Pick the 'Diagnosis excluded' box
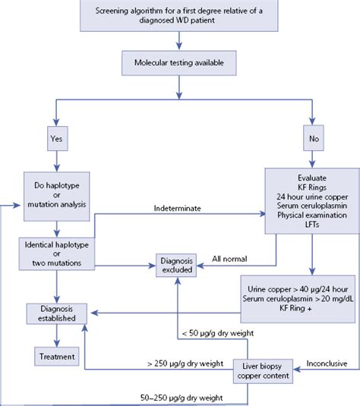coord(177,263)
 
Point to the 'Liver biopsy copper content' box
coord(265,370)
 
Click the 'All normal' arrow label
coord(228,257)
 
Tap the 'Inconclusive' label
coord(327,363)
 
